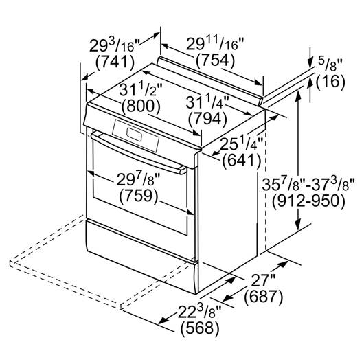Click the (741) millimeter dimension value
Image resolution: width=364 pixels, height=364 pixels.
point(115,63)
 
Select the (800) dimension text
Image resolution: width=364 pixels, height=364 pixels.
point(141,106)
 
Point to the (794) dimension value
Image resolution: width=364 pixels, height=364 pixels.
point(207,120)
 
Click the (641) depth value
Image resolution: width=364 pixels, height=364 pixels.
point(242,161)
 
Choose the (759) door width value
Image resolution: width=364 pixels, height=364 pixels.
point(139,196)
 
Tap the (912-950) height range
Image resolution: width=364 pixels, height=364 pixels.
point(309,201)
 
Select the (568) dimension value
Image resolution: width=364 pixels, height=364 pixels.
point(200,329)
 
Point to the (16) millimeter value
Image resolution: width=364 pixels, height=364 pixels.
point(330,82)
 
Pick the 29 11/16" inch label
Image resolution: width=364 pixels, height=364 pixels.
point(215,44)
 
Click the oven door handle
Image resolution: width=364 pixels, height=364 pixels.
point(139,152)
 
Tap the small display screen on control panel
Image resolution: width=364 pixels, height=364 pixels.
point(134,135)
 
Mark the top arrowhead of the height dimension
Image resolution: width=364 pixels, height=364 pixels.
point(299,97)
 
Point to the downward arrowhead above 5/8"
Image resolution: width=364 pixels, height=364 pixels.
point(310,62)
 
